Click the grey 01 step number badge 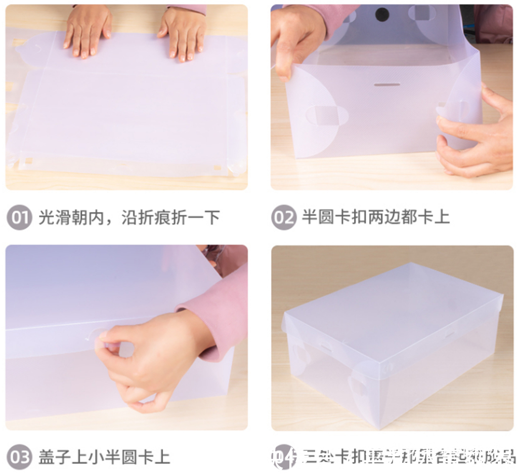19,218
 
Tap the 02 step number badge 283,218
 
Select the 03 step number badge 19,458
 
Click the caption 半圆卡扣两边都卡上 375,218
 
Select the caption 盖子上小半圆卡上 104,458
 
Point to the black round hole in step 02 382,14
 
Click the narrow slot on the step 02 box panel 387,84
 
